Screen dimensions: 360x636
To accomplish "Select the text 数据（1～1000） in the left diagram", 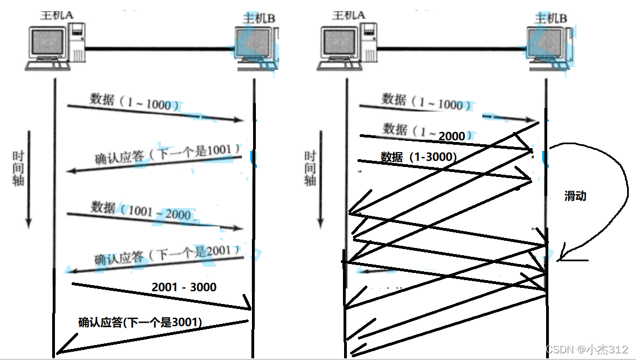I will click(x=134, y=103).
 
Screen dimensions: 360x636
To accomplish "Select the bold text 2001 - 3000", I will click(x=184, y=287).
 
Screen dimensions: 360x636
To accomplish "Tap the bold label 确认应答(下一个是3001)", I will click(x=140, y=322).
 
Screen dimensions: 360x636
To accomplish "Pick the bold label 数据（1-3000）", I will click(x=418, y=157).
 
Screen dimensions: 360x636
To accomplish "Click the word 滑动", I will click(x=575, y=196).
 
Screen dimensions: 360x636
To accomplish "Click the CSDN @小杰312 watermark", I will click(x=587, y=349).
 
